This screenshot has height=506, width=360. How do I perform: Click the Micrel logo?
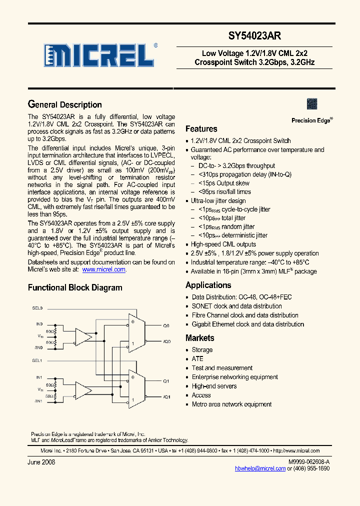[x=98, y=55]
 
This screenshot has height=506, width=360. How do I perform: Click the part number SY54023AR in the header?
[x=254, y=36]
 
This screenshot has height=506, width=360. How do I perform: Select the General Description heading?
[x=64, y=104]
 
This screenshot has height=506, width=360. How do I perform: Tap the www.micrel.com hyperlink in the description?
[x=103, y=269]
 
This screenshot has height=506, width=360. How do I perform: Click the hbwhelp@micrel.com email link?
[x=260, y=468]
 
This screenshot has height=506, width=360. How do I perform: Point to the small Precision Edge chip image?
[x=312, y=104]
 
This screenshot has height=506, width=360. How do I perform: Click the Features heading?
[x=201, y=128]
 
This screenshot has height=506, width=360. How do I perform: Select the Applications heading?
[x=208, y=285]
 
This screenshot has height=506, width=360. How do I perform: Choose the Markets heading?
[x=199, y=338]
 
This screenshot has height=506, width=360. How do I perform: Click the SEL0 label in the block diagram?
[x=37, y=308]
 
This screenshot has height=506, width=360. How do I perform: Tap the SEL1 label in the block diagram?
[x=37, y=360]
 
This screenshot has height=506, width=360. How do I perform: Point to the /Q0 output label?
[x=166, y=341]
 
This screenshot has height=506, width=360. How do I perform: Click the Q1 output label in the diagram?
[x=166, y=381]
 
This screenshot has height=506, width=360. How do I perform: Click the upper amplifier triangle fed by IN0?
[x=84, y=339]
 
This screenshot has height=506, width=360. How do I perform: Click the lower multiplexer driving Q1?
[x=133, y=388]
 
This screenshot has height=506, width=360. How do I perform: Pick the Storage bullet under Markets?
[x=202, y=350]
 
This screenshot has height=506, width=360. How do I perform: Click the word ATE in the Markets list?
[x=197, y=359]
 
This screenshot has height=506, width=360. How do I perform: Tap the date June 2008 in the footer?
[x=41, y=462]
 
